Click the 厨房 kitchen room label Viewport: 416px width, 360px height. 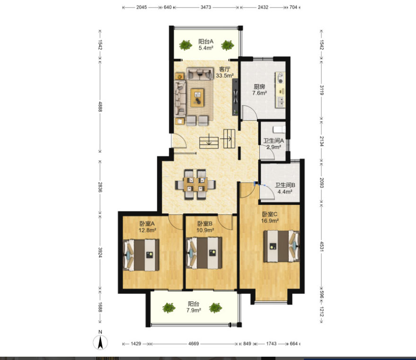(x=259, y=87)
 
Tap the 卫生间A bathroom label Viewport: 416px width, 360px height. (x=274, y=140)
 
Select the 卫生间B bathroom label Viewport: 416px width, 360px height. (x=285, y=185)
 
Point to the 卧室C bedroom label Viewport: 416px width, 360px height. (x=270, y=214)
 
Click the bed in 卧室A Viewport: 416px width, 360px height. (x=141, y=255)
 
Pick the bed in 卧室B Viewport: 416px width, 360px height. (x=204, y=253)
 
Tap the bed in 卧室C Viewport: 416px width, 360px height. (x=282, y=246)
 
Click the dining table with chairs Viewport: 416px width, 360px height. (x=195, y=184)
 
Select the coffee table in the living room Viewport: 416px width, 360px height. (x=197, y=97)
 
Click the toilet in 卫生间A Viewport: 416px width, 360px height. (x=279, y=129)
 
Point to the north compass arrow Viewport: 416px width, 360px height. (x=100, y=342)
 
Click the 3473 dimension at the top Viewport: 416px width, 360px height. (x=206, y=7)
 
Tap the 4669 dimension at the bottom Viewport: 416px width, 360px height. (x=194, y=343)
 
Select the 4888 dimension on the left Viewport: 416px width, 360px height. (x=100, y=106)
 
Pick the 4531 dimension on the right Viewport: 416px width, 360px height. (x=321, y=246)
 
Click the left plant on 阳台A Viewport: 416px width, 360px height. (x=186, y=45)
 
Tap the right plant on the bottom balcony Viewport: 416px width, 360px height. (x=215, y=308)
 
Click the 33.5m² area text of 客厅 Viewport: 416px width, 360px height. (x=225, y=76)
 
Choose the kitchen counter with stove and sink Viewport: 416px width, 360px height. (x=280, y=90)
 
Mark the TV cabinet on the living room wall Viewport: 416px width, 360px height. (x=235, y=97)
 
